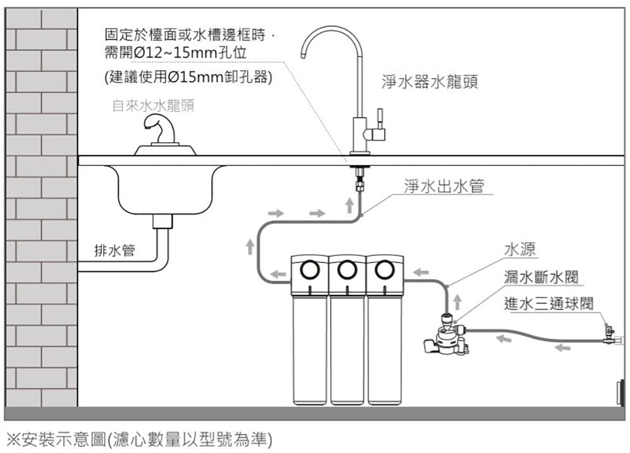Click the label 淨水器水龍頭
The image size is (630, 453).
430,83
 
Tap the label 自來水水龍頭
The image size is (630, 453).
153,106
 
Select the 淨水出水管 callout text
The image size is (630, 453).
444,186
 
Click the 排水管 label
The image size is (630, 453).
114,250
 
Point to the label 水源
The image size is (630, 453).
520,249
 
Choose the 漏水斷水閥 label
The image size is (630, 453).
542,277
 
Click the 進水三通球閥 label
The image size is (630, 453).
549,303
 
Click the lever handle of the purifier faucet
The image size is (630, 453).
379,118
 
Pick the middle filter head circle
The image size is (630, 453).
346,270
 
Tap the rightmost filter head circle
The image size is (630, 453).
384,270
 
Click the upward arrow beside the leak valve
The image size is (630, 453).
459,297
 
